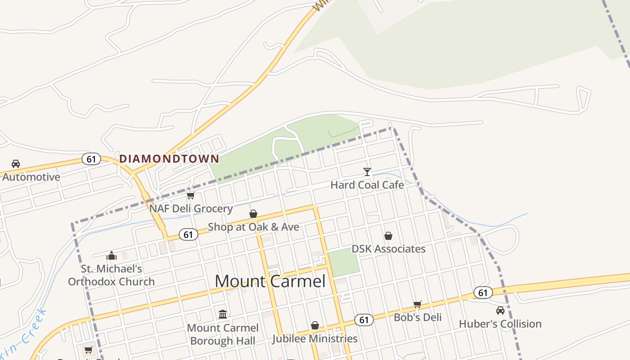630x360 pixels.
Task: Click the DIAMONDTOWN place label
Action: coord(169,159)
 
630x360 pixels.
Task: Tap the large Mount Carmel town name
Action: coord(270,281)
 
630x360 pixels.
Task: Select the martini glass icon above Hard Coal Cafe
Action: coord(367,172)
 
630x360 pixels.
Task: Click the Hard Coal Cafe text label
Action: coord(367,185)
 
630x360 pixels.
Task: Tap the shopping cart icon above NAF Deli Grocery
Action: coord(191,196)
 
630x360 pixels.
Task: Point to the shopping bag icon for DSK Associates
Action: coord(388,236)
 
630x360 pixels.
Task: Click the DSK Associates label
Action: coord(388,249)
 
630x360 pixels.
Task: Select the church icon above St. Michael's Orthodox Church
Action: coord(112,256)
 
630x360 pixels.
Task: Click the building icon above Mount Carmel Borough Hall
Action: coord(223,314)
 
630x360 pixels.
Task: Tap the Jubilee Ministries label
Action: coord(315,338)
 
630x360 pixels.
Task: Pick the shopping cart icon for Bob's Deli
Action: coord(418,305)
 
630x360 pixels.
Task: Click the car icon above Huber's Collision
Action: coord(500,310)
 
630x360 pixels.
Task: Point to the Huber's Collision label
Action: coord(500,324)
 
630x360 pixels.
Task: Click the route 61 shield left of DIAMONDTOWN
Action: coord(91,159)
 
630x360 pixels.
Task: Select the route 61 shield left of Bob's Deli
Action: coord(364,320)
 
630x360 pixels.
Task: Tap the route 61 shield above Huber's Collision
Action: coord(483,293)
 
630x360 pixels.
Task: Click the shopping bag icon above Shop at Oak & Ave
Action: coord(253,214)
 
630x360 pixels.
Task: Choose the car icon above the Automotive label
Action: coord(16,164)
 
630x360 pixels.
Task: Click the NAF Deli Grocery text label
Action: coord(191,209)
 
